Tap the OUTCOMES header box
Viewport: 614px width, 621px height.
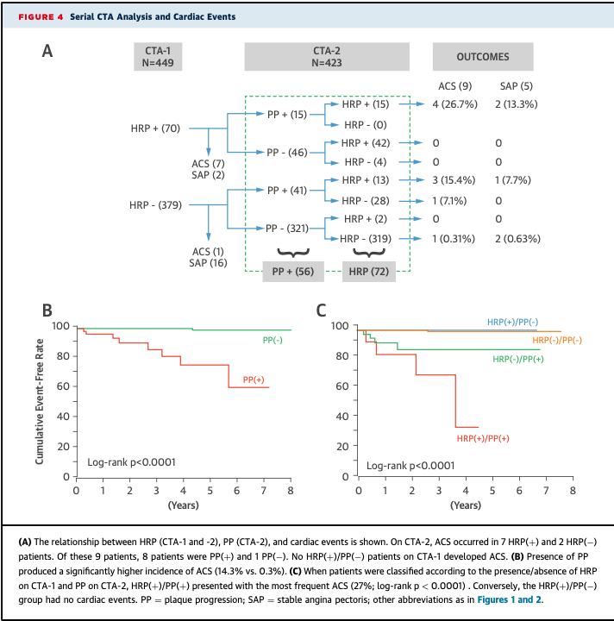tap(482, 57)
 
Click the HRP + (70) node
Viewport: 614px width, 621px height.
tap(155, 129)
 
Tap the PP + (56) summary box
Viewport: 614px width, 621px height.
tap(293, 271)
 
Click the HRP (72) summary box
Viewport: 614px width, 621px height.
tap(367, 271)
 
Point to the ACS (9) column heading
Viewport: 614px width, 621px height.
tap(454, 85)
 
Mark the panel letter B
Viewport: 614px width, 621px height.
tap(48, 309)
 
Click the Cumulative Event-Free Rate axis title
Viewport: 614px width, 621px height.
tap(40, 401)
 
